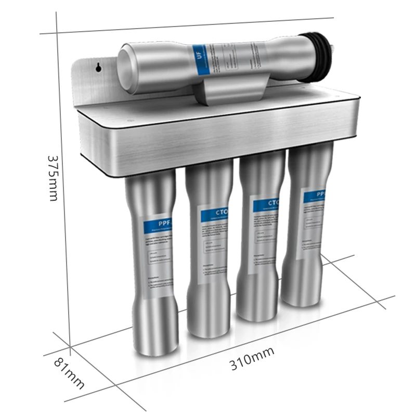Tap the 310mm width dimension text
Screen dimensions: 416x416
(252, 358)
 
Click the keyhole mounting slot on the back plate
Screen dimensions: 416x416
(98, 67)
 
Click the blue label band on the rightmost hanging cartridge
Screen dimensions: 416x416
(316, 196)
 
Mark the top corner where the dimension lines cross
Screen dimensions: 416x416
(57, 33)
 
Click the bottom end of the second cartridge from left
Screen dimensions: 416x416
(208, 329)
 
